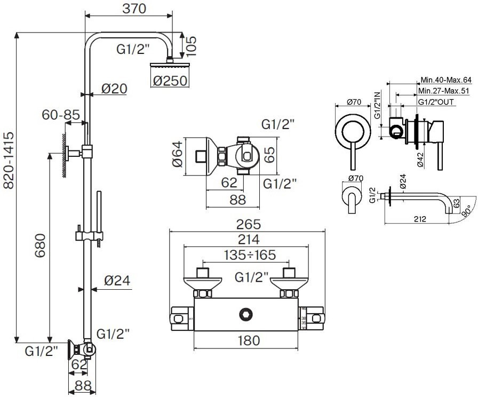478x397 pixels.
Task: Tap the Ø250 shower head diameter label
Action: click(x=171, y=81)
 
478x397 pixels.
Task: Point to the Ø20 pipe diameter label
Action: click(x=114, y=90)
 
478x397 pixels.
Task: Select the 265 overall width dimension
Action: click(x=247, y=224)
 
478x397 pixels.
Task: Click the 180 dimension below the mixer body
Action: click(x=247, y=340)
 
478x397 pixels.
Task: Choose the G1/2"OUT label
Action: click(x=436, y=101)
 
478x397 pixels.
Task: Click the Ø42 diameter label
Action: click(x=421, y=160)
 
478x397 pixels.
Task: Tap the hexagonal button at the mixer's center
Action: click(x=246, y=313)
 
